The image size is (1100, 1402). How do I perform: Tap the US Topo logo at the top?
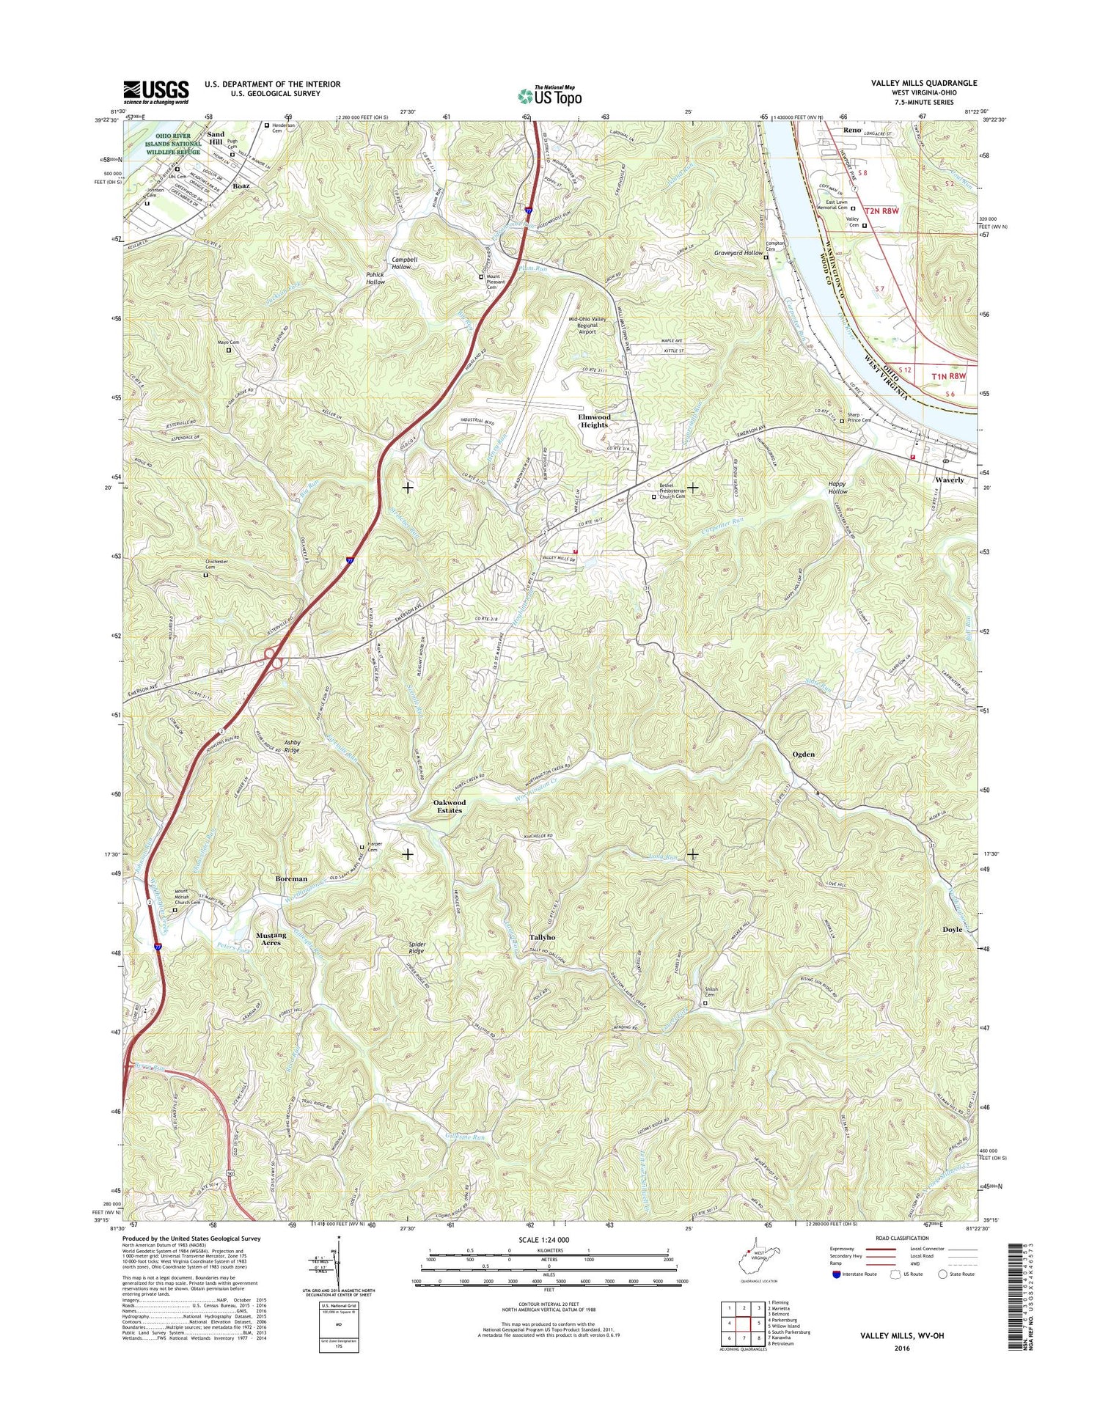(x=550, y=95)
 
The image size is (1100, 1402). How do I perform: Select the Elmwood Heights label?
(x=593, y=421)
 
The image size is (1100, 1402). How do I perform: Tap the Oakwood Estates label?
(x=450, y=806)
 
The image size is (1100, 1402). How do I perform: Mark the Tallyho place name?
(x=542, y=937)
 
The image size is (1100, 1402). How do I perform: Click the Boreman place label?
(x=291, y=878)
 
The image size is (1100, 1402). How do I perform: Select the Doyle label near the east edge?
(x=952, y=929)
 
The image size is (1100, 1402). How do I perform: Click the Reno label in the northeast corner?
(x=852, y=130)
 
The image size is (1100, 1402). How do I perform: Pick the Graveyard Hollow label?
(x=738, y=252)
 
